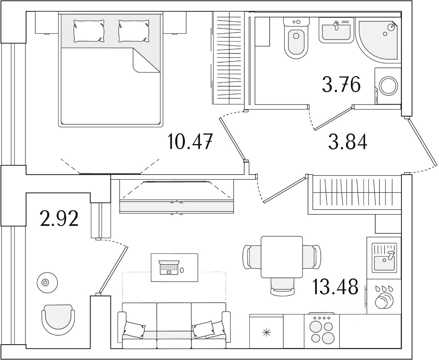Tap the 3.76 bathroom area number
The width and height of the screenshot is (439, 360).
341,85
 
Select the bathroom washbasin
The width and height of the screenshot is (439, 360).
336,30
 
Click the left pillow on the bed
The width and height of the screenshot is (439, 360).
89,30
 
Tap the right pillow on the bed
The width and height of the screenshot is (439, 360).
134,30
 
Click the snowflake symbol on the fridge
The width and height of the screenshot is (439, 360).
266,332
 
